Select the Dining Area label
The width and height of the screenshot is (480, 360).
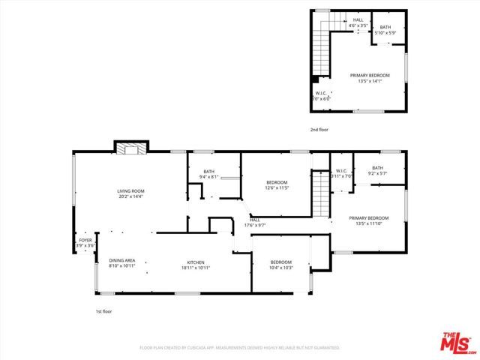coord(121,262)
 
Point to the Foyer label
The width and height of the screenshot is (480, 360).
coord(85,243)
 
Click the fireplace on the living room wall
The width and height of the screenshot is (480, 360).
coord(131,148)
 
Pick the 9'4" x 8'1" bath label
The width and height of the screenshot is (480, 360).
coord(208,174)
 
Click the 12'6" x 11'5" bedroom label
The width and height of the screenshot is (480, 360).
coord(277,185)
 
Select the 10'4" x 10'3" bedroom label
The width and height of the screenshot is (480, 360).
coord(281,265)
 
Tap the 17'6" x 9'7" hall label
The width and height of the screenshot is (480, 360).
coord(254,223)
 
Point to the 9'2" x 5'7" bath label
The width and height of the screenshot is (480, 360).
coord(377,170)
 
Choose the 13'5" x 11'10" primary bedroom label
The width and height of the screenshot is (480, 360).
coord(368,220)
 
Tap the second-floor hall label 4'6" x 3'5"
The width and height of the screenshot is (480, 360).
coord(358,23)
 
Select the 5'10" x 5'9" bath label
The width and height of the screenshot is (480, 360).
coord(385,30)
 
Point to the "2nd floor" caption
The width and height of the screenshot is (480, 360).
coord(319,130)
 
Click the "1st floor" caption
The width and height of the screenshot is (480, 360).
coord(103,310)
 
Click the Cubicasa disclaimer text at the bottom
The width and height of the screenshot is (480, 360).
coord(239,348)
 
